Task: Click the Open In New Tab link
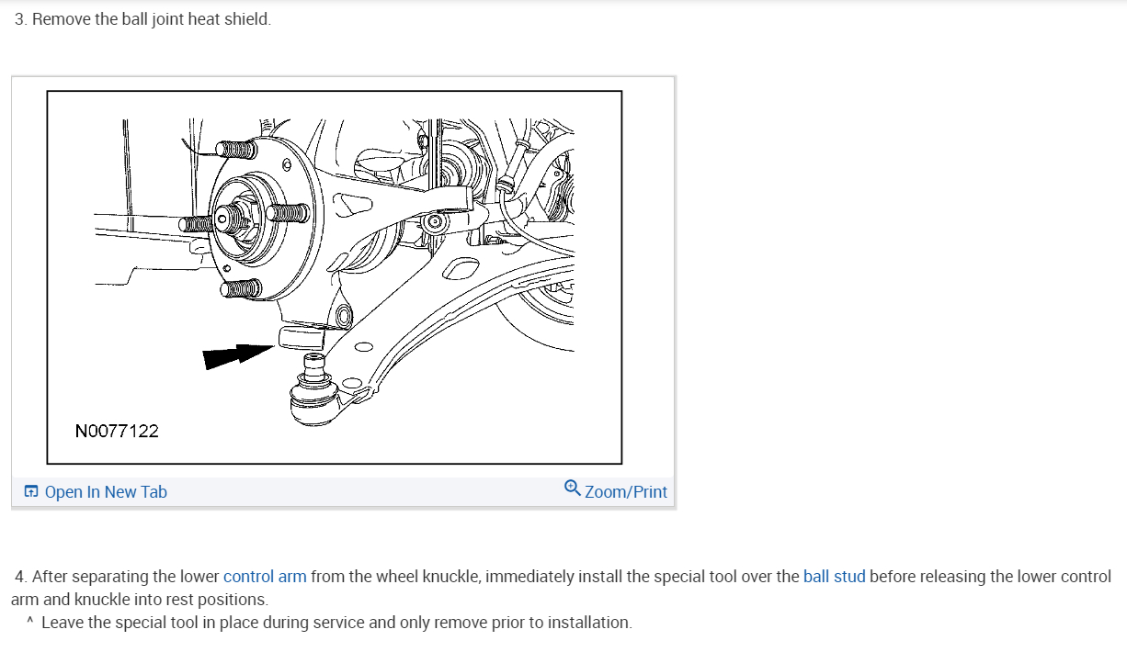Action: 105,492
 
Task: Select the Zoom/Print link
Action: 625,492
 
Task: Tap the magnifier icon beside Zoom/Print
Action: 572,489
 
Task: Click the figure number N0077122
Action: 117,431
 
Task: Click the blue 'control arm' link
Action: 265,577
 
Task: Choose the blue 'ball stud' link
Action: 834,577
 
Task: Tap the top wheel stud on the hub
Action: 236,149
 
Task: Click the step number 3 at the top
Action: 20,19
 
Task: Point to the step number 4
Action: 20,577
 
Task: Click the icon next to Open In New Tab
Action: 31,492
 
